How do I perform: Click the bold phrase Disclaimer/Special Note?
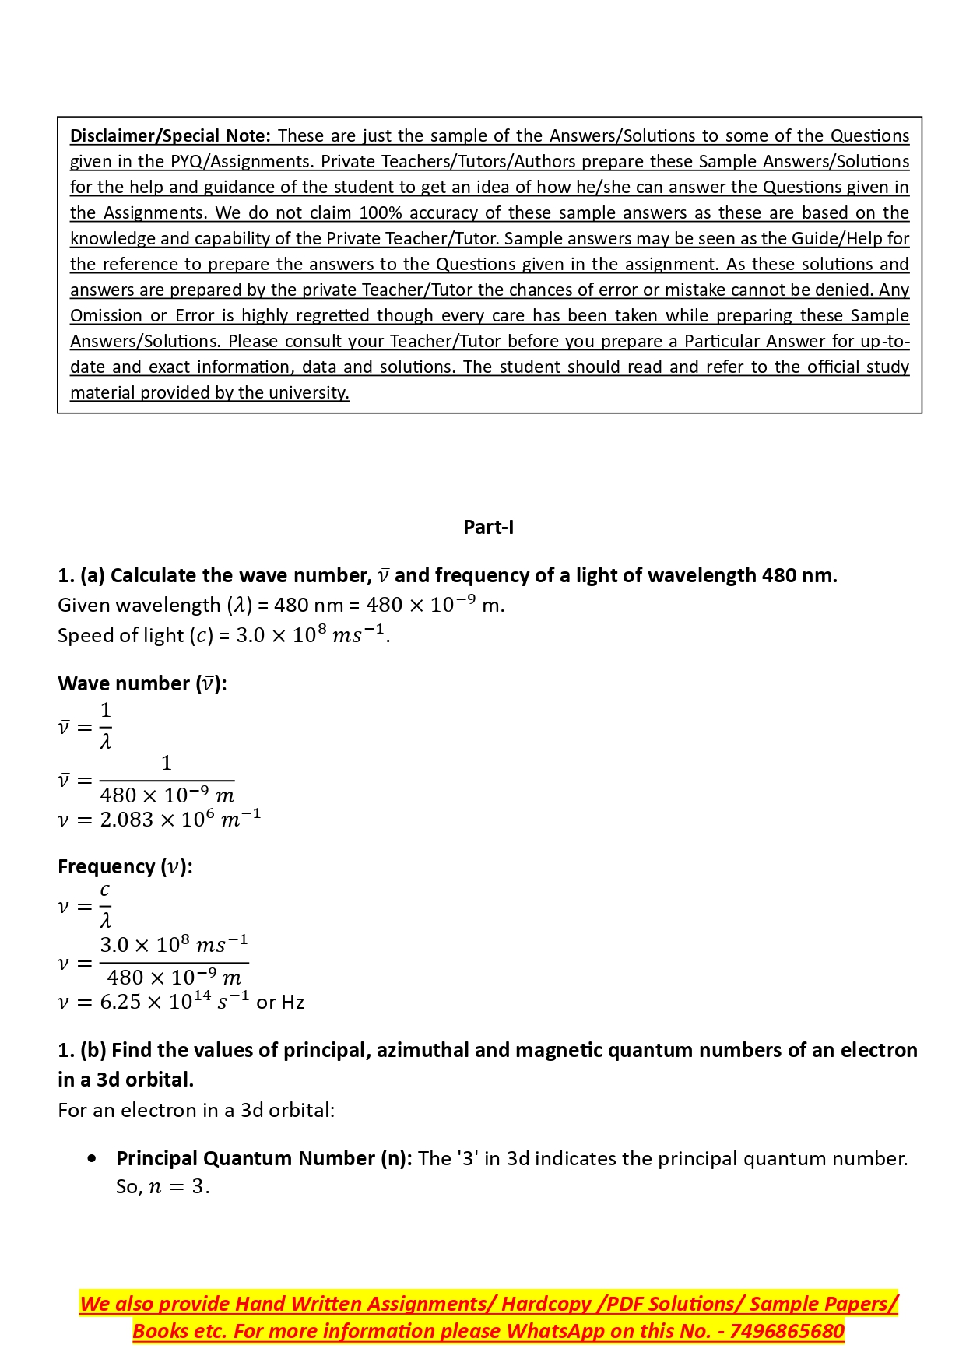(170, 135)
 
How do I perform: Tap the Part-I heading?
(488, 527)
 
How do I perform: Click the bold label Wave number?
(124, 683)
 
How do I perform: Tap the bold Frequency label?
(107, 866)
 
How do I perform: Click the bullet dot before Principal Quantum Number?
(93, 1158)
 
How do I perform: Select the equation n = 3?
(178, 1187)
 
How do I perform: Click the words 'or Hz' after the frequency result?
(280, 1003)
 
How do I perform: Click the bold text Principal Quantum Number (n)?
(264, 1158)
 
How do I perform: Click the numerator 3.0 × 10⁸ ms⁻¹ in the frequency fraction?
(174, 945)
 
